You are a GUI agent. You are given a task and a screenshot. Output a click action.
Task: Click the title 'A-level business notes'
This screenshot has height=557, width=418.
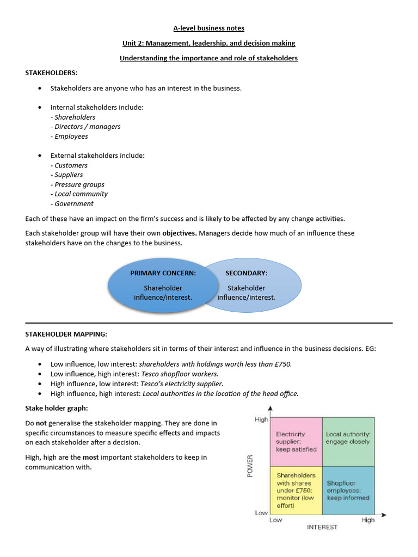[x=209, y=28]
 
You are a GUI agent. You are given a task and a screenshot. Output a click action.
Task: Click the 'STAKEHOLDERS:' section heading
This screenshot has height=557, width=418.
[x=52, y=72]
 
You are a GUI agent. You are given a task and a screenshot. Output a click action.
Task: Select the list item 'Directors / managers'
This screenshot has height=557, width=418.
[x=86, y=127]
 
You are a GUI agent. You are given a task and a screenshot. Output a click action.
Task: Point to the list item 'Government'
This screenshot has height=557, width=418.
[x=72, y=204]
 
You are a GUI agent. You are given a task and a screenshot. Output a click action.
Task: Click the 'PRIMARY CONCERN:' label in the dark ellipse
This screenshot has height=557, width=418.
[x=163, y=273]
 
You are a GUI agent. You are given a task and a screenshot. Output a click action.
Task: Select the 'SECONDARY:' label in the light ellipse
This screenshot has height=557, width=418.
[x=246, y=273]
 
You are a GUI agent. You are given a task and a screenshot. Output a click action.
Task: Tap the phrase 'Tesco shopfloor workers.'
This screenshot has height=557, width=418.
[x=180, y=374]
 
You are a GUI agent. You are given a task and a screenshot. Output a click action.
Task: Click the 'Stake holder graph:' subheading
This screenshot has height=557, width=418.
[x=56, y=407]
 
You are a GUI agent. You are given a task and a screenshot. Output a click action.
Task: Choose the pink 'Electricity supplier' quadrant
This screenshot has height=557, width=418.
[x=296, y=441]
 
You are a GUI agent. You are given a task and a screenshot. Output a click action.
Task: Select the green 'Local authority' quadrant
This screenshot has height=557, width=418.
[x=348, y=441]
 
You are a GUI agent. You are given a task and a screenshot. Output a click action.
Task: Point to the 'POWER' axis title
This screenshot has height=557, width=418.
[x=250, y=466]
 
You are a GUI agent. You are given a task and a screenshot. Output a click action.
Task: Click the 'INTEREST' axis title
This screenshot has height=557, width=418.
[x=322, y=527]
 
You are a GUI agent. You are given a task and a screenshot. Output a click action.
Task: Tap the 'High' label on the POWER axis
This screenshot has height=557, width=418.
[x=261, y=419]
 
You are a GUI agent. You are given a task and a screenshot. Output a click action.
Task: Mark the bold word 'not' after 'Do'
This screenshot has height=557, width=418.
[x=41, y=423]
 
